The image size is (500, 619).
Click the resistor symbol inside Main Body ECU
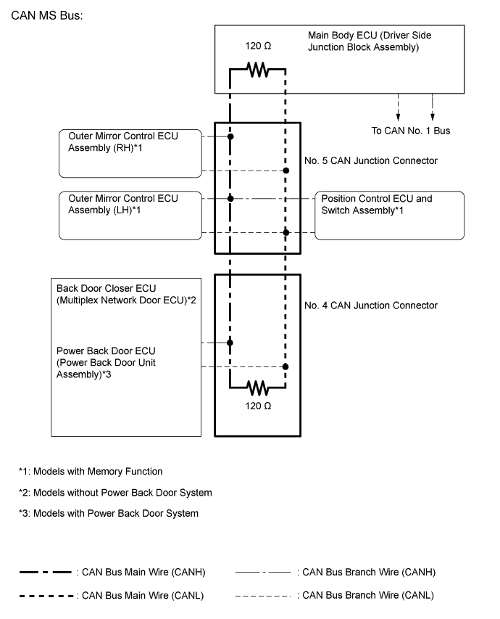[257, 70]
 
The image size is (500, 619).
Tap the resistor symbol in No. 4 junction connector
[257, 387]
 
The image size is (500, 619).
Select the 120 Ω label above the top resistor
[258, 46]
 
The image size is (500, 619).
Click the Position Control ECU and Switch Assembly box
[390, 216]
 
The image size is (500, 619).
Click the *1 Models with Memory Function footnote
[91, 472]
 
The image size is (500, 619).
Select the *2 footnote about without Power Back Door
[115, 493]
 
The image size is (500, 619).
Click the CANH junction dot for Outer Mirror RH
[230, 136]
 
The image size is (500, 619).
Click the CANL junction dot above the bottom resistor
[286, 367]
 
